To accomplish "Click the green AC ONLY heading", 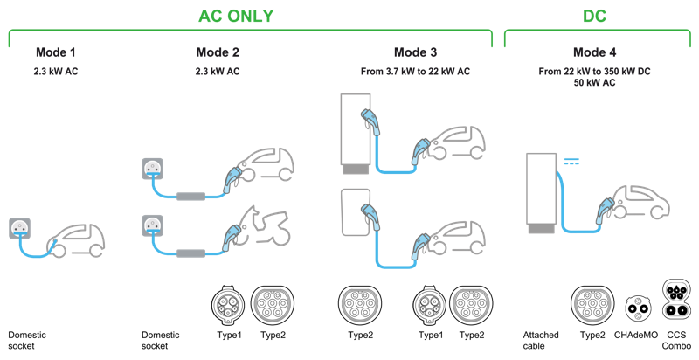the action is [x=236, y=16].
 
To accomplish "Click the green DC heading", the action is [x=595, y=16].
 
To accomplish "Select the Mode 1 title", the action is [x=56, y=52].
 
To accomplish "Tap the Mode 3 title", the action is [x=416, y=52].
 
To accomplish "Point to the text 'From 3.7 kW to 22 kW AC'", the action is [x=416, y=72].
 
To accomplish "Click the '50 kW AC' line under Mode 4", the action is [x=595, y=82].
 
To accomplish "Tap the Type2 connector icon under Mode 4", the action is [x=592, y=305].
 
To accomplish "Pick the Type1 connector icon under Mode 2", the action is [x=228, y=305].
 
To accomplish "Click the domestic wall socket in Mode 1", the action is [x=19, y=229].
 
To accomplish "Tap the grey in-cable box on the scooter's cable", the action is [x=190, y=253].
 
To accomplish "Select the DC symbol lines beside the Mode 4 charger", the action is [x=571, y=162].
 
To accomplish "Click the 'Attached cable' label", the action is [x=541, y=341].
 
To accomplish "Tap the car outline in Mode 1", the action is [x=80, y=240].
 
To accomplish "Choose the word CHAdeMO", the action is [x=636, y=335].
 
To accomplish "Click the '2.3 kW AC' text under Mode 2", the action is [x=218, y=72].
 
